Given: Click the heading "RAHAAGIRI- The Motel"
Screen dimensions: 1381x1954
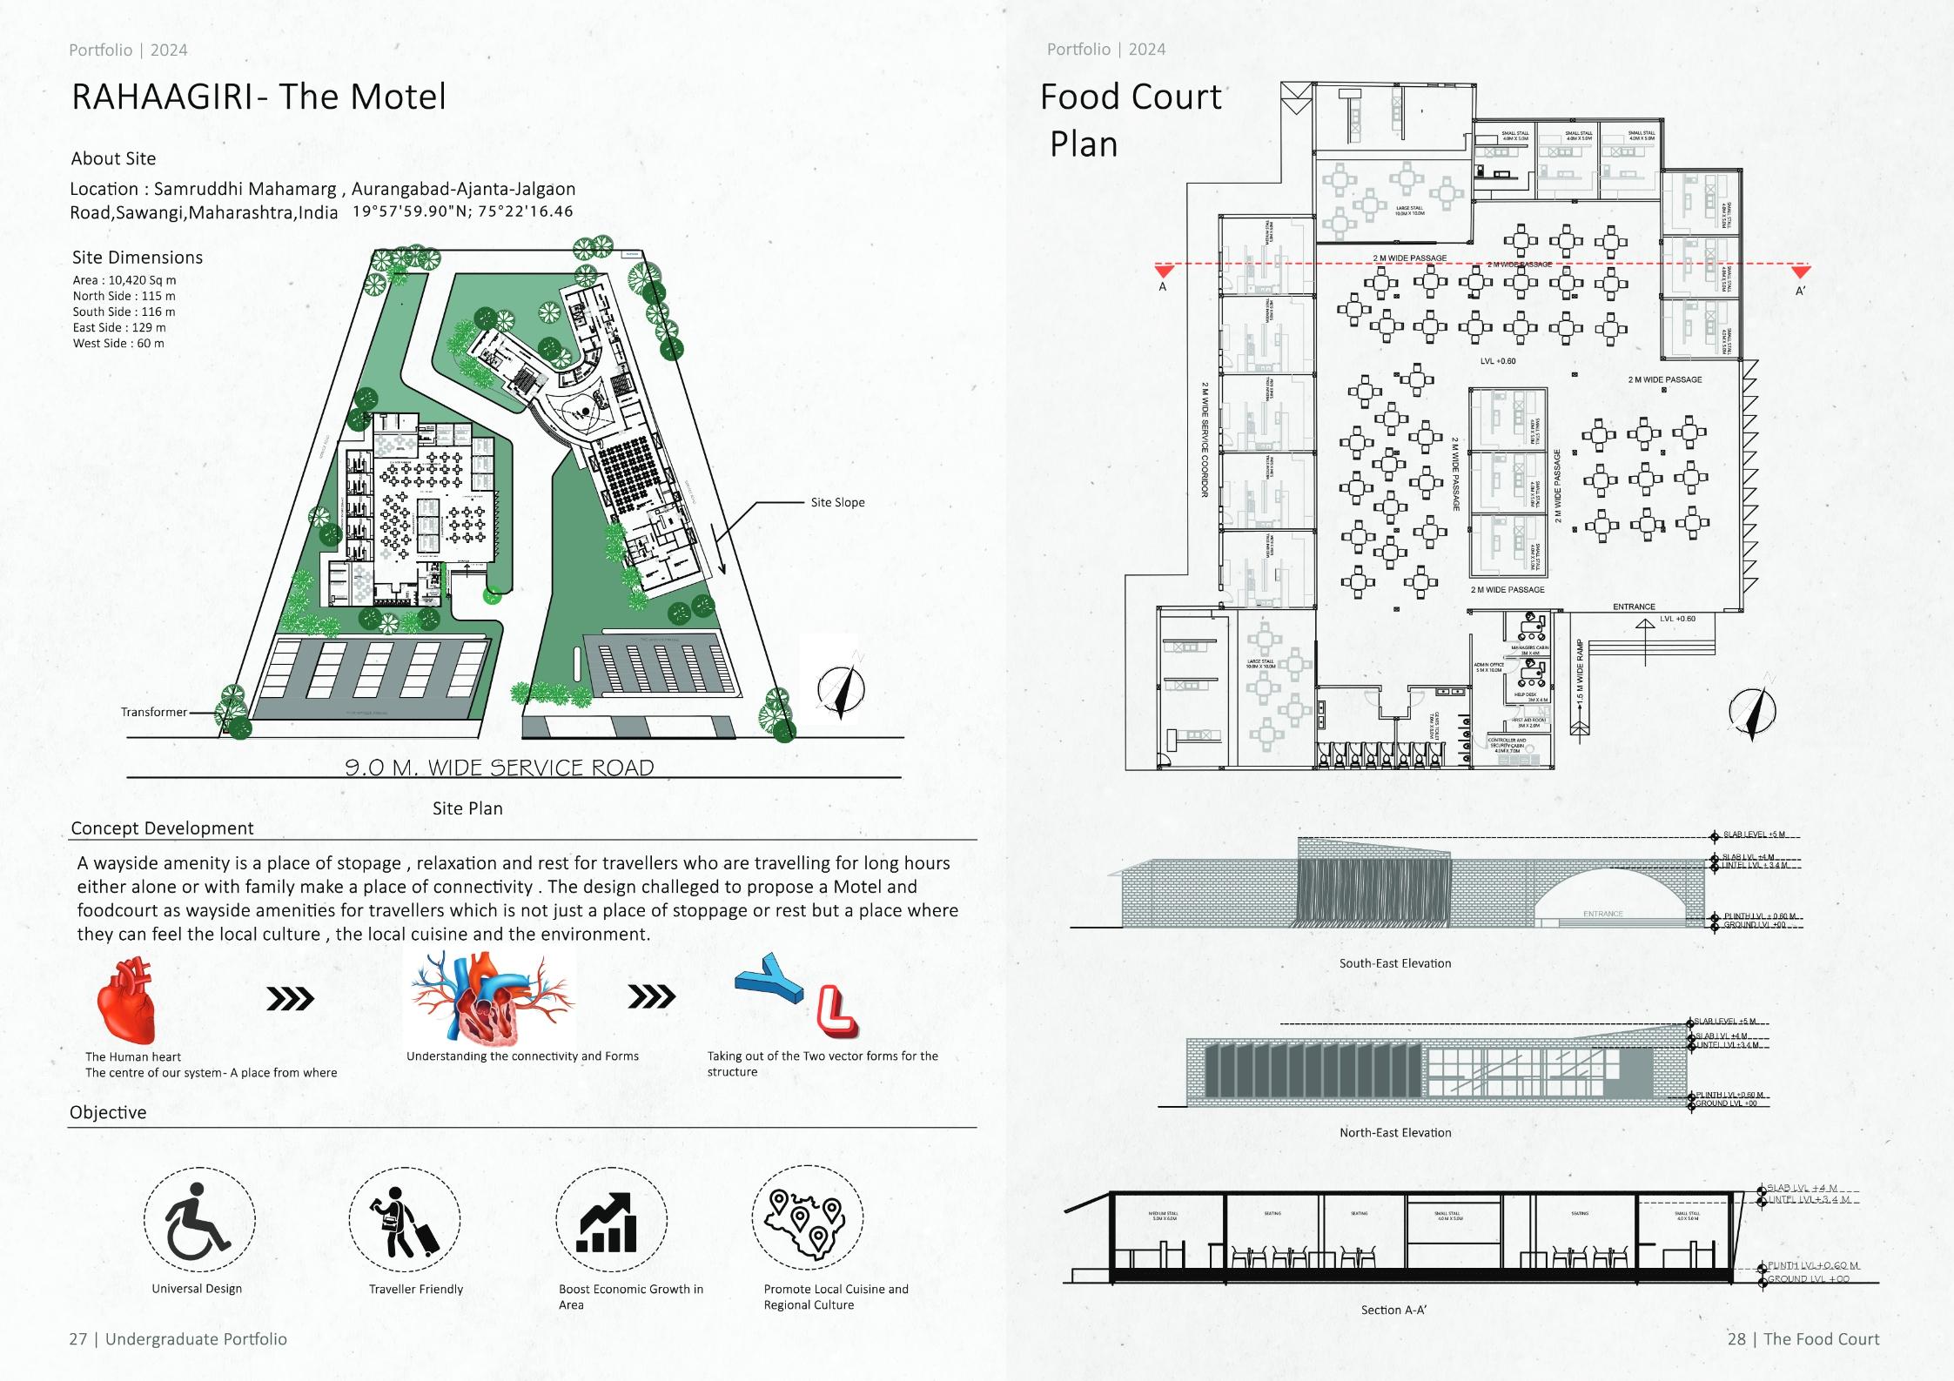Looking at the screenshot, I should [x=259, y=97].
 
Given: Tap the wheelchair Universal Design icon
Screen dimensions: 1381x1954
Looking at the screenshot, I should [x=198, y=1219].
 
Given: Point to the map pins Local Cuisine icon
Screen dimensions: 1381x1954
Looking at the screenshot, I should [x=808, y=1220].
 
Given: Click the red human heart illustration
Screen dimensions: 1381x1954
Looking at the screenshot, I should [x=127, y=1002].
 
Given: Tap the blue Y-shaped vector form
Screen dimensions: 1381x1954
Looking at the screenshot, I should [x=769, y=978].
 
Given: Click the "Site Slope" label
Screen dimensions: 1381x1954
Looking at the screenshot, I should [x=837, y=502].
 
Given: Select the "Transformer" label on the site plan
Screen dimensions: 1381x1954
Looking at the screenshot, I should [x=154, y=712].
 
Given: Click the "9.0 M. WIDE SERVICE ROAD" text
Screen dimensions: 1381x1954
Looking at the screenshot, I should [x=500, y=768].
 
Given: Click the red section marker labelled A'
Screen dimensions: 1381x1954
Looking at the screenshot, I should [x=1800, y=272].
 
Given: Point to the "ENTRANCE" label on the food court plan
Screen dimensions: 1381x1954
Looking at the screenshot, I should [x=1634, y=607].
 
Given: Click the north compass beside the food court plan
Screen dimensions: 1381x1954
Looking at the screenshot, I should [x=1751, y=710].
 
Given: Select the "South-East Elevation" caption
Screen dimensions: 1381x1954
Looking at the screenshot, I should [x=1394, y=963].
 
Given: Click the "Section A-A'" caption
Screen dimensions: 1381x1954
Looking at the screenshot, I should [x=1393, y=1310].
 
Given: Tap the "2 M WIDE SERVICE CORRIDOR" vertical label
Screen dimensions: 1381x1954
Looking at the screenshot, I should [x=1205, y=439].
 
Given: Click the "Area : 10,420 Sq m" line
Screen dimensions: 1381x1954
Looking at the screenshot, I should [x=124, y=280].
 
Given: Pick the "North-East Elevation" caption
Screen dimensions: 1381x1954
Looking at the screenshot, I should [x=1394, y=1132].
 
